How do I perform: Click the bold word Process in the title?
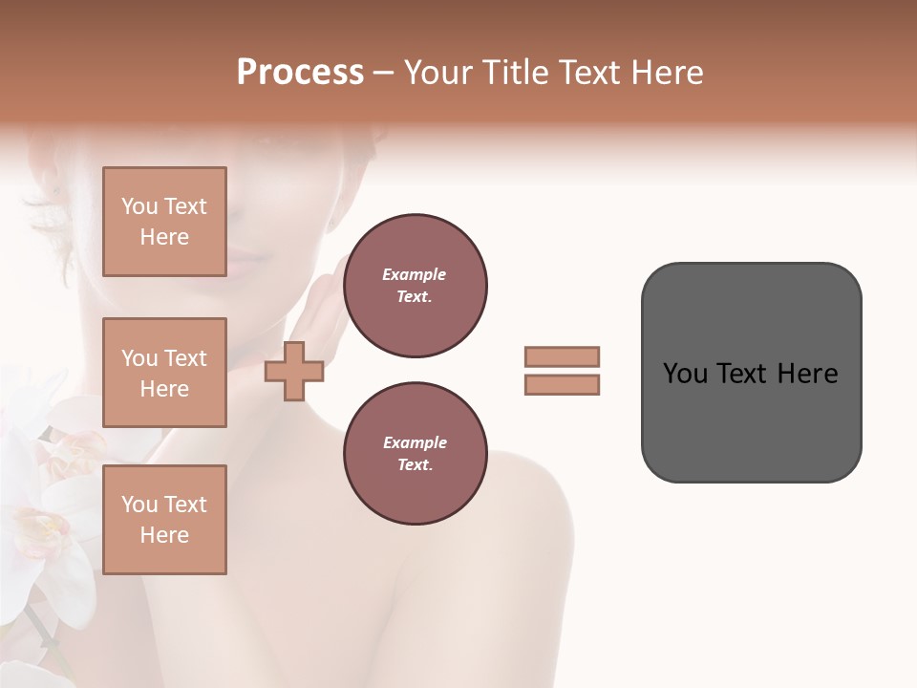coord(300,73)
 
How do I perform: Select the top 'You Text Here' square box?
coord(164,222)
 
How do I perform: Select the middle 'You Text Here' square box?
coord(164,373)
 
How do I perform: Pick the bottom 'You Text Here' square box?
coord(164,520)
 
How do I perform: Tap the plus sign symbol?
coord(294,371)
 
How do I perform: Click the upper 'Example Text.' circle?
coord(415,286)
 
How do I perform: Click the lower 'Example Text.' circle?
coord(415,454)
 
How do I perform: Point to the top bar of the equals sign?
coord(562,356)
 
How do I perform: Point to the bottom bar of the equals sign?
coord(562,384)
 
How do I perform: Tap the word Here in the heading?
coord(665,73)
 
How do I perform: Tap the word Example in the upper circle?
coord(415,274)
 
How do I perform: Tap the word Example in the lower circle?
coord(415,442)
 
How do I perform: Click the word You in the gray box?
coord(685,374)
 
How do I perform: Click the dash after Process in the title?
coord(383,73)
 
